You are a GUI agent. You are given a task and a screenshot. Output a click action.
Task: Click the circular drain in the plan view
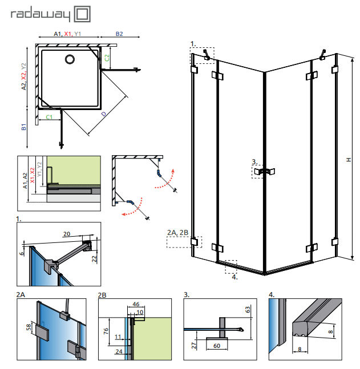(x=70, y=59)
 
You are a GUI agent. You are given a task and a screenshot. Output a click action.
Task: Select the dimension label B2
(x=119, y=34)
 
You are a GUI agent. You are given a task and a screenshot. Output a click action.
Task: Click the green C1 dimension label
(x=50, y=117)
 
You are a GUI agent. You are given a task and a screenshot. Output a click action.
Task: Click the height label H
(x=347, y=160)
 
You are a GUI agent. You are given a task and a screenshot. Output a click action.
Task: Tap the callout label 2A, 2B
(x=177, y=232)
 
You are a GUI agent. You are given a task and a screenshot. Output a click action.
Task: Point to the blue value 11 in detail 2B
(x=118, y=336)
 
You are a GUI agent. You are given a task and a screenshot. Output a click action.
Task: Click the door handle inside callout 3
(x=264, y=171)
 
